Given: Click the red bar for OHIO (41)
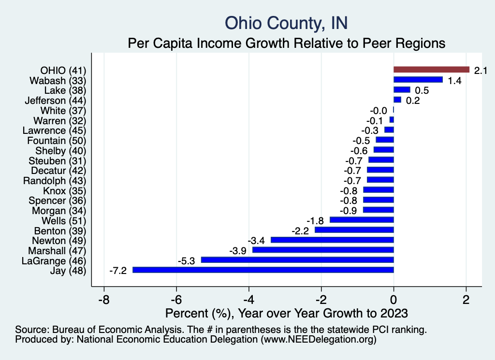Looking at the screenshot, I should [x=431, y=70].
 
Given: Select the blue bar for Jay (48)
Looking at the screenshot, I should [x=263, y=270].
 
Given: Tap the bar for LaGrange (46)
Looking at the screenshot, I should [x=297, y=260].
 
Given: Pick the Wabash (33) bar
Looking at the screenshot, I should [x=418, y=80].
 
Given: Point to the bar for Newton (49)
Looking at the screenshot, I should [x=332, y=240].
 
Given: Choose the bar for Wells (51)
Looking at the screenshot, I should [x=362, y=220].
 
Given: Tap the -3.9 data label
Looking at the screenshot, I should [x=238, y=250].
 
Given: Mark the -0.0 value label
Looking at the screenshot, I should [x=379, y=111].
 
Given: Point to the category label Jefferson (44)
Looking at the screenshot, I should [x=55, y=100].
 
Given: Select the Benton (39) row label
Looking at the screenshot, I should [x=60, y=230].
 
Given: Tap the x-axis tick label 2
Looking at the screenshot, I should [x=466, y=298].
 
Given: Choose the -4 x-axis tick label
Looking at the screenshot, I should [x=248, y=298].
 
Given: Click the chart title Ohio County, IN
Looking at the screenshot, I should [x=286, y=23].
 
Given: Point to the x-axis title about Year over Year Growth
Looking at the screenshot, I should [x=287, y=313].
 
